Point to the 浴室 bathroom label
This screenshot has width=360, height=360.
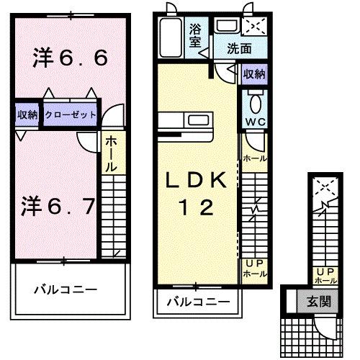[195, 35]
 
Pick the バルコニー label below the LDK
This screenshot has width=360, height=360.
[199, 300]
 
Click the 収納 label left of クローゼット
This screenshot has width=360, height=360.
[27, 114]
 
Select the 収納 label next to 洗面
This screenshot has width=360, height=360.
[253, 73]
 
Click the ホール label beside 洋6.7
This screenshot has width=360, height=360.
[113, 154]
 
